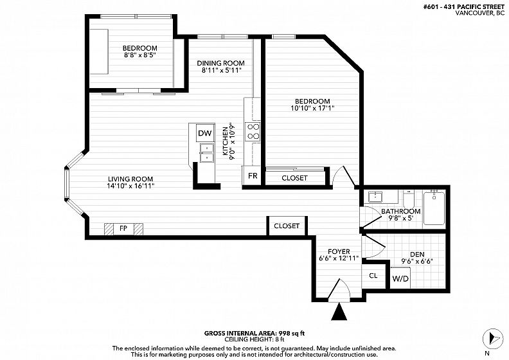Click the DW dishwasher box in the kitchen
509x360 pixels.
point(205,133)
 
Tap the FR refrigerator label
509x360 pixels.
point(253,175)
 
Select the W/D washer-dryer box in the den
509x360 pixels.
point(400,278)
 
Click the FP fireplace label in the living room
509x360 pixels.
point(123,228)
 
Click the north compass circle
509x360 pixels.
point(493,339)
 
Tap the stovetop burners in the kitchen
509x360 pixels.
point(253,132)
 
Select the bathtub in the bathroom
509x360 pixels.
point(434,208)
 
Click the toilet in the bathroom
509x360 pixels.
point(408,199)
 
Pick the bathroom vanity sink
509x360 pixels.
point(375,197)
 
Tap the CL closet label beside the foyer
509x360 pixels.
point(373,276)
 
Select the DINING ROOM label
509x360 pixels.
point(220,63)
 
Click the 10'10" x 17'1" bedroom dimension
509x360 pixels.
point(312,108)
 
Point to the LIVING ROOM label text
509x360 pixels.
point(130,179)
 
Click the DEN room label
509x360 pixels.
point(417,254)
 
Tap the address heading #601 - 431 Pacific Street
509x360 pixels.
point(464,8)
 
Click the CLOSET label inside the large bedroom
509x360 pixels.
point(294,178)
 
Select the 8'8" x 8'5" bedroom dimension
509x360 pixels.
point(140,55)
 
